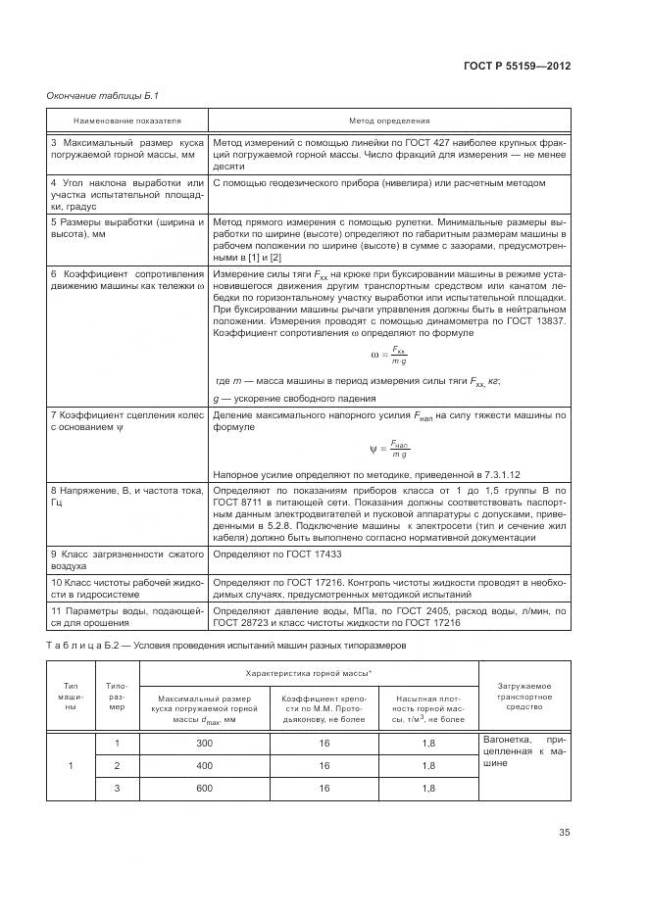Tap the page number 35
pos(564,833)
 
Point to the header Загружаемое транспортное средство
pos(524,697)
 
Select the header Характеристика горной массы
pos(309,676)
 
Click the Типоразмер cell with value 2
pos(118,765)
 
